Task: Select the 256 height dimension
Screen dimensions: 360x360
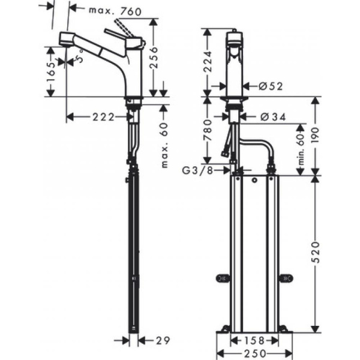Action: [x=154, y=58]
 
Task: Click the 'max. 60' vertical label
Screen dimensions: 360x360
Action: [x=164, y=145]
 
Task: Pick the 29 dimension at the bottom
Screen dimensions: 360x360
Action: [x=160, y=340]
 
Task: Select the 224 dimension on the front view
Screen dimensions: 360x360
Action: [x=208, y=60]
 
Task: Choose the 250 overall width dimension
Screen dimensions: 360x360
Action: [x=253, y=354]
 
